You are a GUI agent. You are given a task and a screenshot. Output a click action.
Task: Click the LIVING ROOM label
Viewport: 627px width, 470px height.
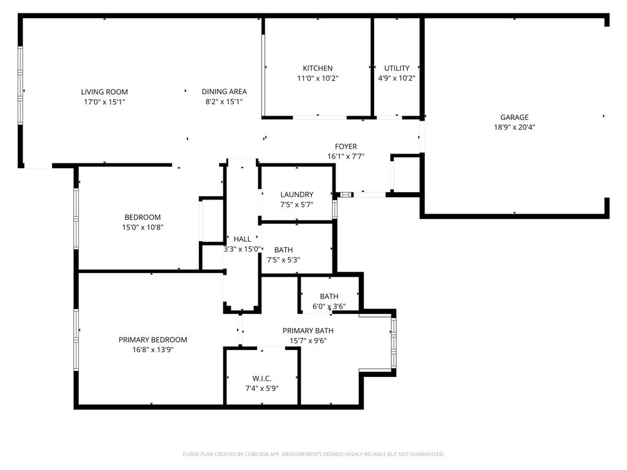[x=104, y=92]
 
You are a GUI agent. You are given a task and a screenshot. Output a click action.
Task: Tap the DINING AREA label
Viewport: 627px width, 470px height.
[x=224, y=92]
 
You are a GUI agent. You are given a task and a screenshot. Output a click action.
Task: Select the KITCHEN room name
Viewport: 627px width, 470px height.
[x=318, y=69]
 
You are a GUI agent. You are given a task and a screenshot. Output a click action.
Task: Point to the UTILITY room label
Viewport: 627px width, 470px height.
[x=397, y=69]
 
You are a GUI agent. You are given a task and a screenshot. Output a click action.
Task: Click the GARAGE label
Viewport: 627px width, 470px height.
[x=514, y=117]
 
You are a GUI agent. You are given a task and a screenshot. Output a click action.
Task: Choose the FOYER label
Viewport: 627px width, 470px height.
[x=345, y=147]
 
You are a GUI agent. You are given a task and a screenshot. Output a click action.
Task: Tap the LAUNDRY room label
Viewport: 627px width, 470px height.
[x=297, y=195]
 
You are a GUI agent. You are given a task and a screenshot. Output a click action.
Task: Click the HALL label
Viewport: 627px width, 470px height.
[x=242, y=239]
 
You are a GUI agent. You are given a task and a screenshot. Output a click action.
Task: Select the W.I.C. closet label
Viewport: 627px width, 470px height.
[x=261, y=379]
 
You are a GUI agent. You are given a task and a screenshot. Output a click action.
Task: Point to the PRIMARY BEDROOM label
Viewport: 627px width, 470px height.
[x=152, y=340]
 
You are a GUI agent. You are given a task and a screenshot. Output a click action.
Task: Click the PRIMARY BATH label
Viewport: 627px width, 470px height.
[x=308, y=331]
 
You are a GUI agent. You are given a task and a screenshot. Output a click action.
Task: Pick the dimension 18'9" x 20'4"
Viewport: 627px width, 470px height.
[x=514, y=127]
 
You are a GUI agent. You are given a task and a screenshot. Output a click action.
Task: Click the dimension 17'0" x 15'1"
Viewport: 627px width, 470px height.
[x=104, y=102]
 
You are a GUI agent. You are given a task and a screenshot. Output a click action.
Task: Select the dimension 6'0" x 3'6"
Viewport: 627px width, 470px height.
[x=329, y=307]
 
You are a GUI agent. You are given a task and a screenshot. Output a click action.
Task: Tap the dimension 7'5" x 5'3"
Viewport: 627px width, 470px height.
[x=283, y=259]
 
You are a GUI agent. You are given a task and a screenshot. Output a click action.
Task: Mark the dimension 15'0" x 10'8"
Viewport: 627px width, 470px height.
[x=143, y=227]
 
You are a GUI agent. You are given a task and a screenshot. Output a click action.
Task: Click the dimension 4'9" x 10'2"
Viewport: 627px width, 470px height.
[x=397, y=78]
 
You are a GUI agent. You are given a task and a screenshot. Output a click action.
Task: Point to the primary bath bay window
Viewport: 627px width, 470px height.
[x=393, y=343]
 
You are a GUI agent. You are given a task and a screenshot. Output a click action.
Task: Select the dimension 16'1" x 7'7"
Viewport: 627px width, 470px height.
[x=345, y=157]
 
